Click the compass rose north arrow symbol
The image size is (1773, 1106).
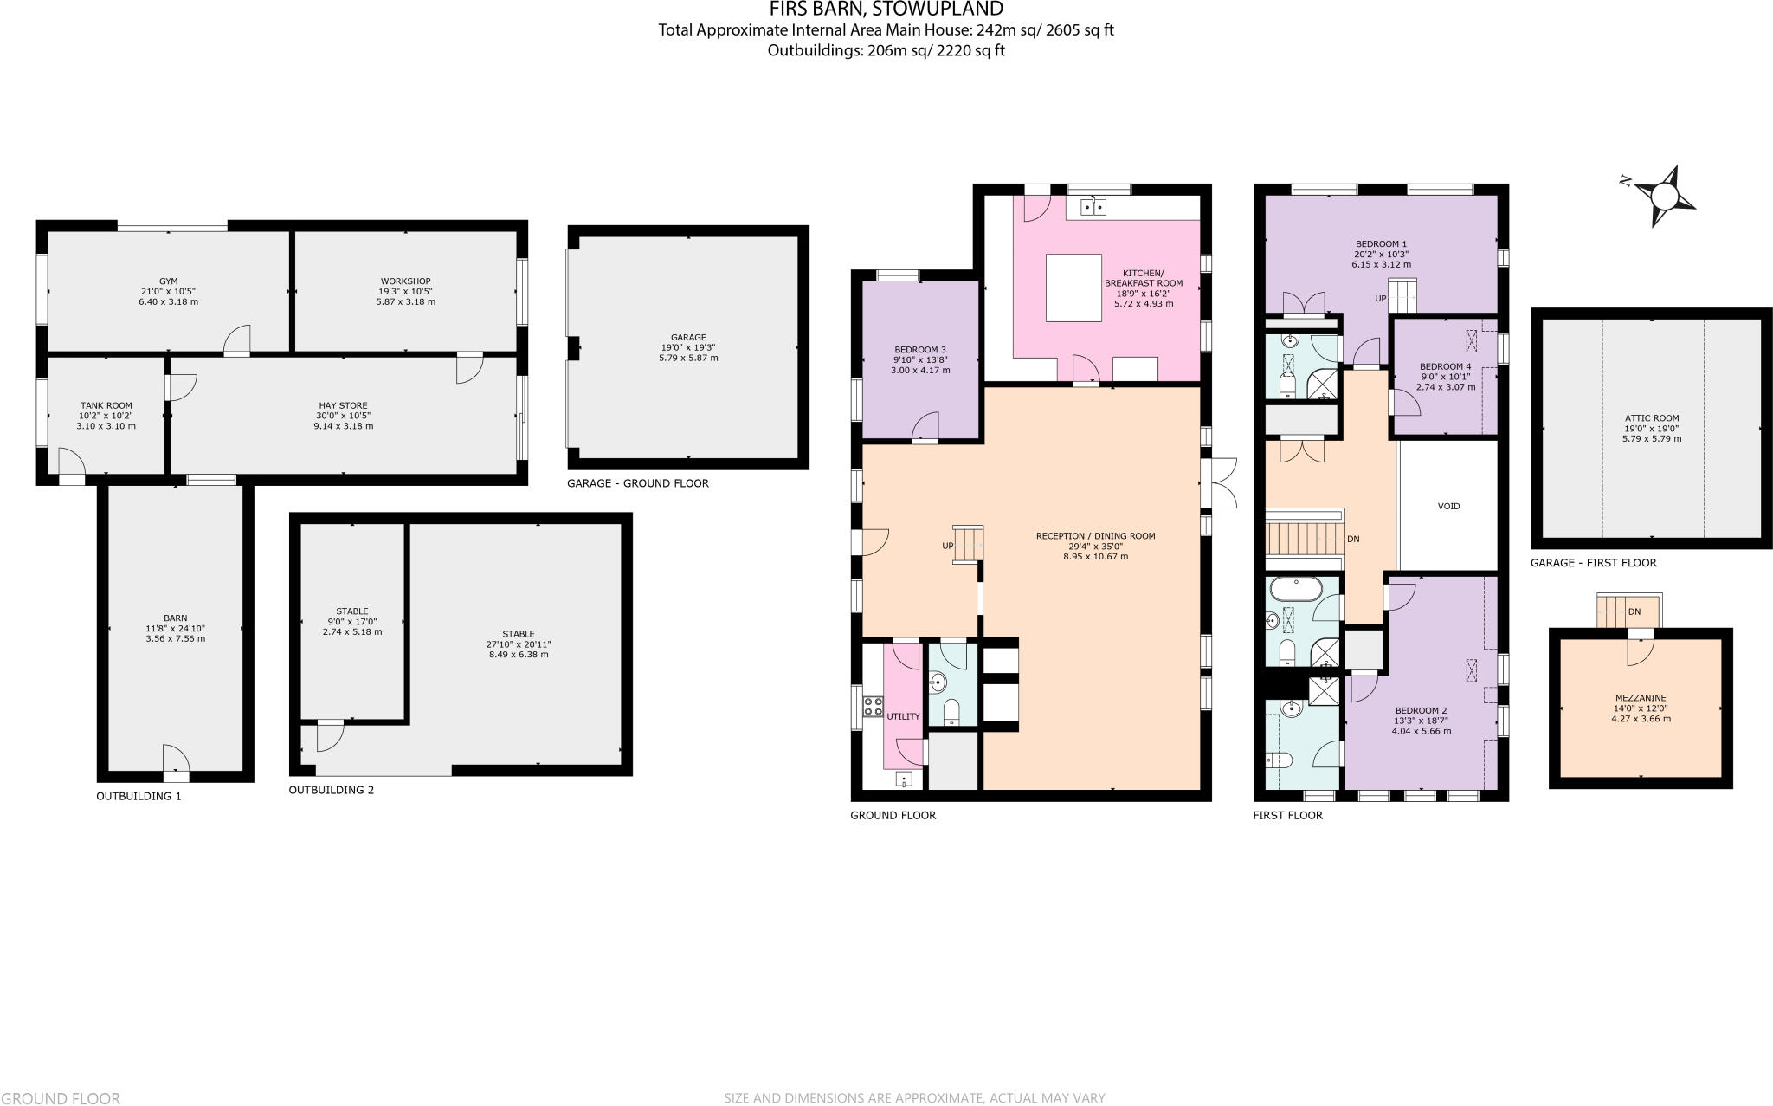(x=1663, y=197)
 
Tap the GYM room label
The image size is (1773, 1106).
(x=168, y=281)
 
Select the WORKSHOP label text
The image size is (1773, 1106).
(x=405, y=281)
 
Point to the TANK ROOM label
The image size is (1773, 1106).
(x=106, y=405)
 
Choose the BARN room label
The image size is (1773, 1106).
(x=175, y=618)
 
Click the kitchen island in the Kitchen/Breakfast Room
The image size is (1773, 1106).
(x=1073, y=287)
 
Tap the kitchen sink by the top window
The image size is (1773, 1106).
(x=1093, y=207)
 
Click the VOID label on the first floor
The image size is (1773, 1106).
(x=1448, y=506)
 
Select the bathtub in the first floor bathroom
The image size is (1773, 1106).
(x=1295, y=590)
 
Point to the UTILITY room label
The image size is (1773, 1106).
(x=903, y=716)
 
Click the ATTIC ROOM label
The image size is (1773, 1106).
(x=1651, y=418)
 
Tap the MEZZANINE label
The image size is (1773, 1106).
(x=1640, y=698)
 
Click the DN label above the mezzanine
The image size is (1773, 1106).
(x=1634, y=611)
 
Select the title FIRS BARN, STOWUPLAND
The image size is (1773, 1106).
(x=886, y=10)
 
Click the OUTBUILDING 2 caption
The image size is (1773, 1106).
(x=331, y=790)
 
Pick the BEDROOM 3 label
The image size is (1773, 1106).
(x=919, y=350)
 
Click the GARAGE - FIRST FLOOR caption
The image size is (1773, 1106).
(x=1593, y=563)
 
